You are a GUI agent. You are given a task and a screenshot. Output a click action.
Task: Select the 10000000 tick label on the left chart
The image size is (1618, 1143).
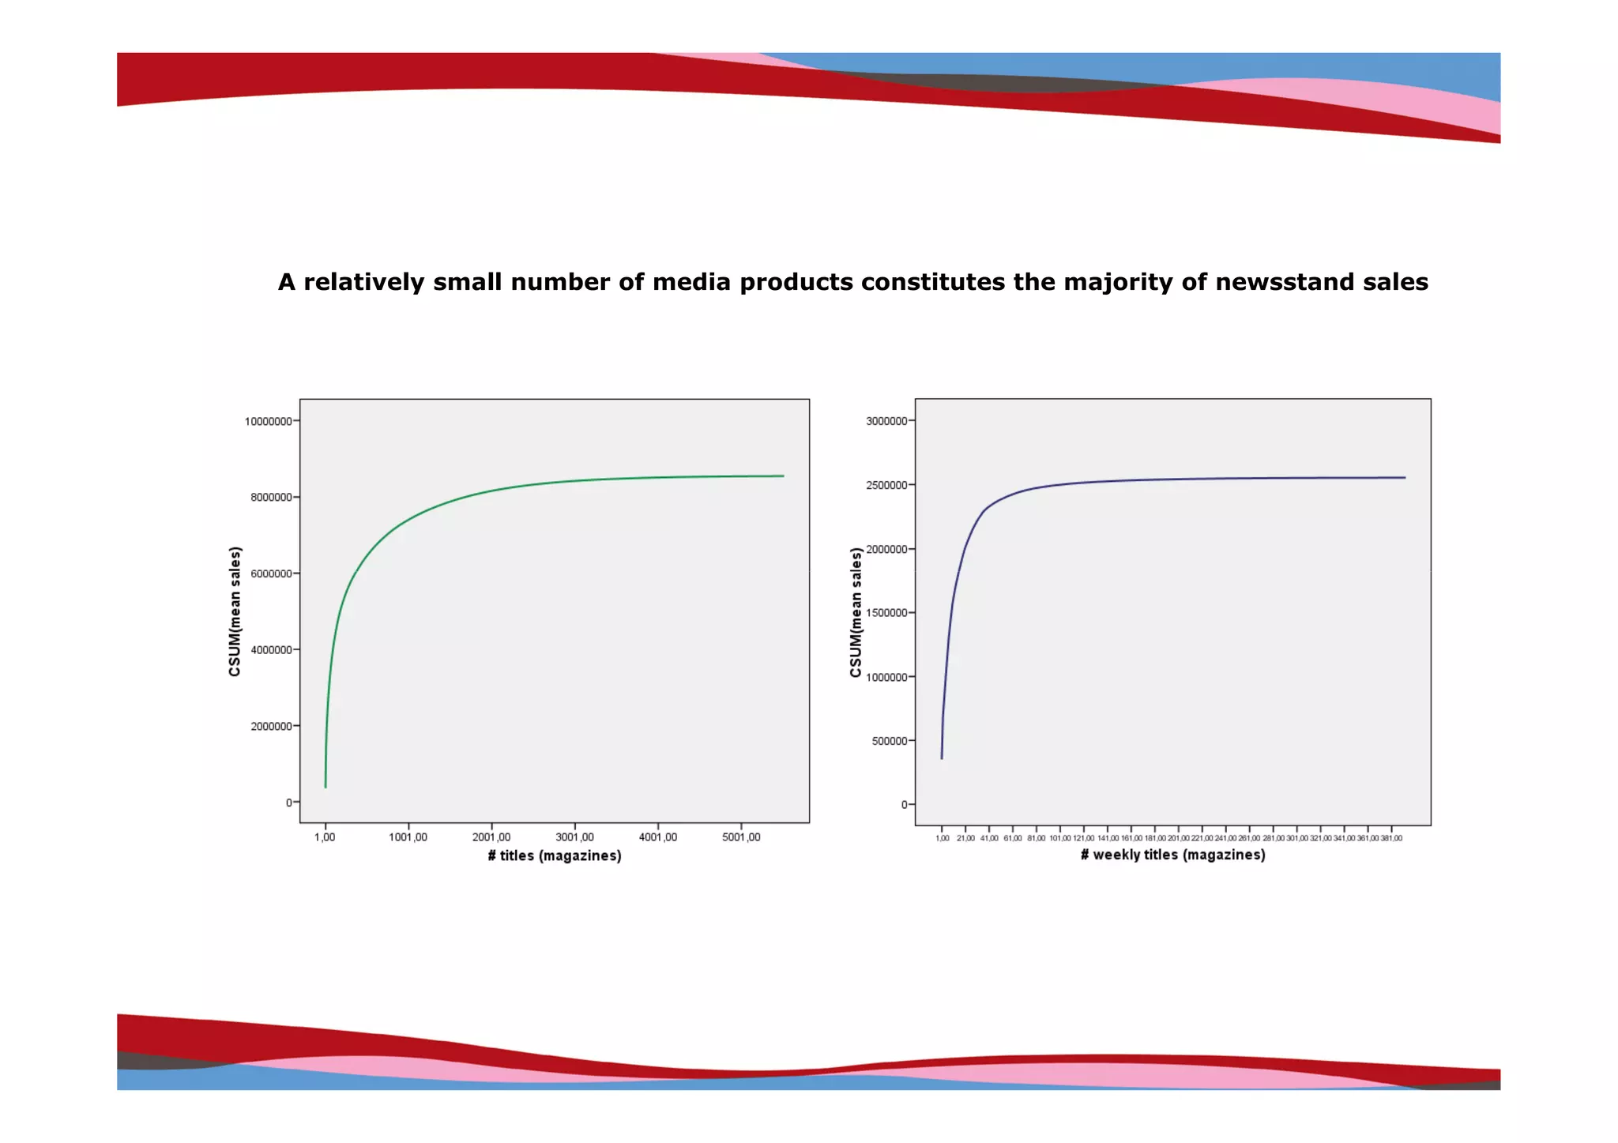[x=268, y=422]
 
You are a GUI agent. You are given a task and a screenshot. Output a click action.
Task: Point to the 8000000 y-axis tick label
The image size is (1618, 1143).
[x=271, y=498]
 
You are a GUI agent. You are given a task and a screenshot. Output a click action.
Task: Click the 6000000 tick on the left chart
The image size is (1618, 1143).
[x=271, y=574]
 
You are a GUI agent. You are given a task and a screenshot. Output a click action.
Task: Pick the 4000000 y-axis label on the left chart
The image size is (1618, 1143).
[x=271, y=650]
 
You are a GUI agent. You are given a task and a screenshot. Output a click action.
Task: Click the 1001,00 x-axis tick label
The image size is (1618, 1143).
[x=408, y=837]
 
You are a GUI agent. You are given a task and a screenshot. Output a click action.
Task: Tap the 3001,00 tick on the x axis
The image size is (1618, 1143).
[x=574, y=837]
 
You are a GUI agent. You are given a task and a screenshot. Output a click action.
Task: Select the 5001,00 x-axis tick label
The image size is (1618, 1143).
[x=741, y=837]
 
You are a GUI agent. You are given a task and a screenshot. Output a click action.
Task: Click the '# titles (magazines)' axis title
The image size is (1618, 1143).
[x=555, y=856]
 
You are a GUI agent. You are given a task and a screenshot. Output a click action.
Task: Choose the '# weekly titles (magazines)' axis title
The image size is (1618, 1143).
[x=1172, y=855]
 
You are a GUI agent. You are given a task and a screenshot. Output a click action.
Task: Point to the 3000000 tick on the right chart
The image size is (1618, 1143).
[x=886, y=422]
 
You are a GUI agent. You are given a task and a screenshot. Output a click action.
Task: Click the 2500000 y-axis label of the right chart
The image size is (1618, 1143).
[x=886, y=485]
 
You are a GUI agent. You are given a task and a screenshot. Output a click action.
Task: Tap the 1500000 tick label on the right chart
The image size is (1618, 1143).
[x=886, y=613]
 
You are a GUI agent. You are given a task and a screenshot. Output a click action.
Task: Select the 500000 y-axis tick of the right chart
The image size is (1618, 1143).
[x=889, y=742]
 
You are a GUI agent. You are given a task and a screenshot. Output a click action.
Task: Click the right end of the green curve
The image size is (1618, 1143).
[x=783, y=476]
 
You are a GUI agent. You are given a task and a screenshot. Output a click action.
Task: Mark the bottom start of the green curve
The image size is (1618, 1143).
[x=325, y=786]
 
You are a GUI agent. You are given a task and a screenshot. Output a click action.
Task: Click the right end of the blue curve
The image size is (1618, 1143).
[x=1405, y=477]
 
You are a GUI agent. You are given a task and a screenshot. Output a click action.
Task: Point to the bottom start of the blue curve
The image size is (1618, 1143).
[x=942, y=758]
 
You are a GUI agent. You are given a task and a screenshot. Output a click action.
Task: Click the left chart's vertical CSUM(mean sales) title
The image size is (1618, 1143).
[x=235, y=612]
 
